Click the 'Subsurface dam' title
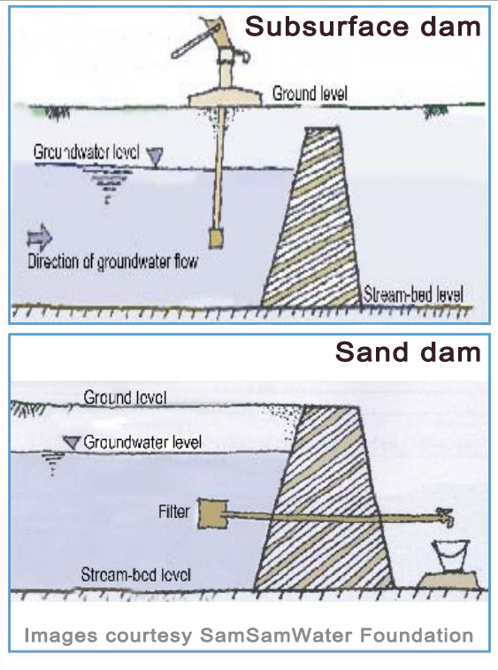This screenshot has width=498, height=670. (363, 27)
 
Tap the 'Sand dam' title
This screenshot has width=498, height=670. (408, 352)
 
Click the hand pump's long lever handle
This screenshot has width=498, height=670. (195, 41)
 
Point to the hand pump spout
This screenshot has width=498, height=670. (242, 56)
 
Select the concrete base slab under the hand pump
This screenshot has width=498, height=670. (225, 99)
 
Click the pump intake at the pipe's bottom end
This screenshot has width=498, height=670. (216, 238)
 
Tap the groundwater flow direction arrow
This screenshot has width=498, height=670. (39, 238)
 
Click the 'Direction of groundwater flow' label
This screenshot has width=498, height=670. (112, 261)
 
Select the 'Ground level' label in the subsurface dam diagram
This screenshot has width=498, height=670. (310, 93)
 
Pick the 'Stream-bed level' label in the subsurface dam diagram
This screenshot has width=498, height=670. (413, 295)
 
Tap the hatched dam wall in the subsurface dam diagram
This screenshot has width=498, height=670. (312, 217)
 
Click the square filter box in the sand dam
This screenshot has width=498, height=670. (212, 513)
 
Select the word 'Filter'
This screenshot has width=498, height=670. (174, 512)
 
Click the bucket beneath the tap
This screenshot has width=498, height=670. (450, 556)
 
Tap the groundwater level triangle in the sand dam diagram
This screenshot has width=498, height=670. (72, 443)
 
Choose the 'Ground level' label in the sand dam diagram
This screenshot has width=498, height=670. (125, 397)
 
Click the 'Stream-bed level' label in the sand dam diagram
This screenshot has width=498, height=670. (136, 574)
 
